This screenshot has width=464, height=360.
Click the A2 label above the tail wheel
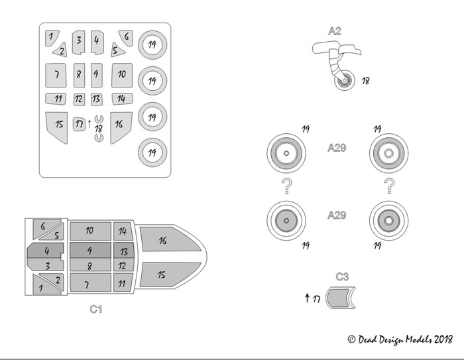coord(334,30)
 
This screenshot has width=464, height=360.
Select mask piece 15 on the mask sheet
coord(58,125)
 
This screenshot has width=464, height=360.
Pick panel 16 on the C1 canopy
coord(163,241)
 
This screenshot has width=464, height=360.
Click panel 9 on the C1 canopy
coord(89,251)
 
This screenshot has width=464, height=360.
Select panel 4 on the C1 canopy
coord(47,251)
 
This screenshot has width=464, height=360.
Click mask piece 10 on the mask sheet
coord(122,74)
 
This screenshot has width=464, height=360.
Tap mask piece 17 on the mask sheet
coord(80,123)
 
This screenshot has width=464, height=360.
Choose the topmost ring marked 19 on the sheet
coord(152,45)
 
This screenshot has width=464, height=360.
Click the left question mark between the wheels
coord(286,187)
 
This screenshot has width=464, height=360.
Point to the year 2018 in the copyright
coord(442,339)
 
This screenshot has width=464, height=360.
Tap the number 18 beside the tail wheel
coord(366,81)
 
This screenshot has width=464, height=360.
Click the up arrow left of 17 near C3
coord(307,298)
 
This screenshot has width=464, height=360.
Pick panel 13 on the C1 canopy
coord(123,251)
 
